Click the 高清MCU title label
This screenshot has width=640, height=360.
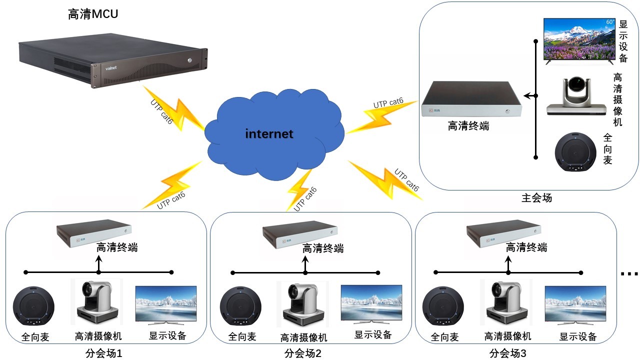pos(93,14)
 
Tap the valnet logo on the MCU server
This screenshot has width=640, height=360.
pos(111,68)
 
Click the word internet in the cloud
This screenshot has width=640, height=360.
pos(269,133)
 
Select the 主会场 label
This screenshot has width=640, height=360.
pos(536,197)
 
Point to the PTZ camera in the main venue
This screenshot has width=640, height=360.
pos(576,96)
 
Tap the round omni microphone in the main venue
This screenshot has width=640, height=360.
pos(575,151)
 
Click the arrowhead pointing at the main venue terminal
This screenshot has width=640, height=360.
pos(527,95)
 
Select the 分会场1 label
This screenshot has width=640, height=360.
pos(103,353)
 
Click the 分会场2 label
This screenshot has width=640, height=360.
pos(302,353)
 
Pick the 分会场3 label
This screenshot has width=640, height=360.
pos(507,353)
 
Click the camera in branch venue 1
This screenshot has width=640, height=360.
pos(97,302)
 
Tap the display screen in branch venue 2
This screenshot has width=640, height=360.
pos(371,304)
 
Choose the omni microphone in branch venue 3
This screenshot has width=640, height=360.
pos(443,305)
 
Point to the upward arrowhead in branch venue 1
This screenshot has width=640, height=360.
pos(98,259)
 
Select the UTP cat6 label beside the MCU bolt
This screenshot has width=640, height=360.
pos(161,111)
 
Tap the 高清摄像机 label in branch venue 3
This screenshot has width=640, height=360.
pos(507,336)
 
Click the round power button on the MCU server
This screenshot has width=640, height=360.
pos(189,60)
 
